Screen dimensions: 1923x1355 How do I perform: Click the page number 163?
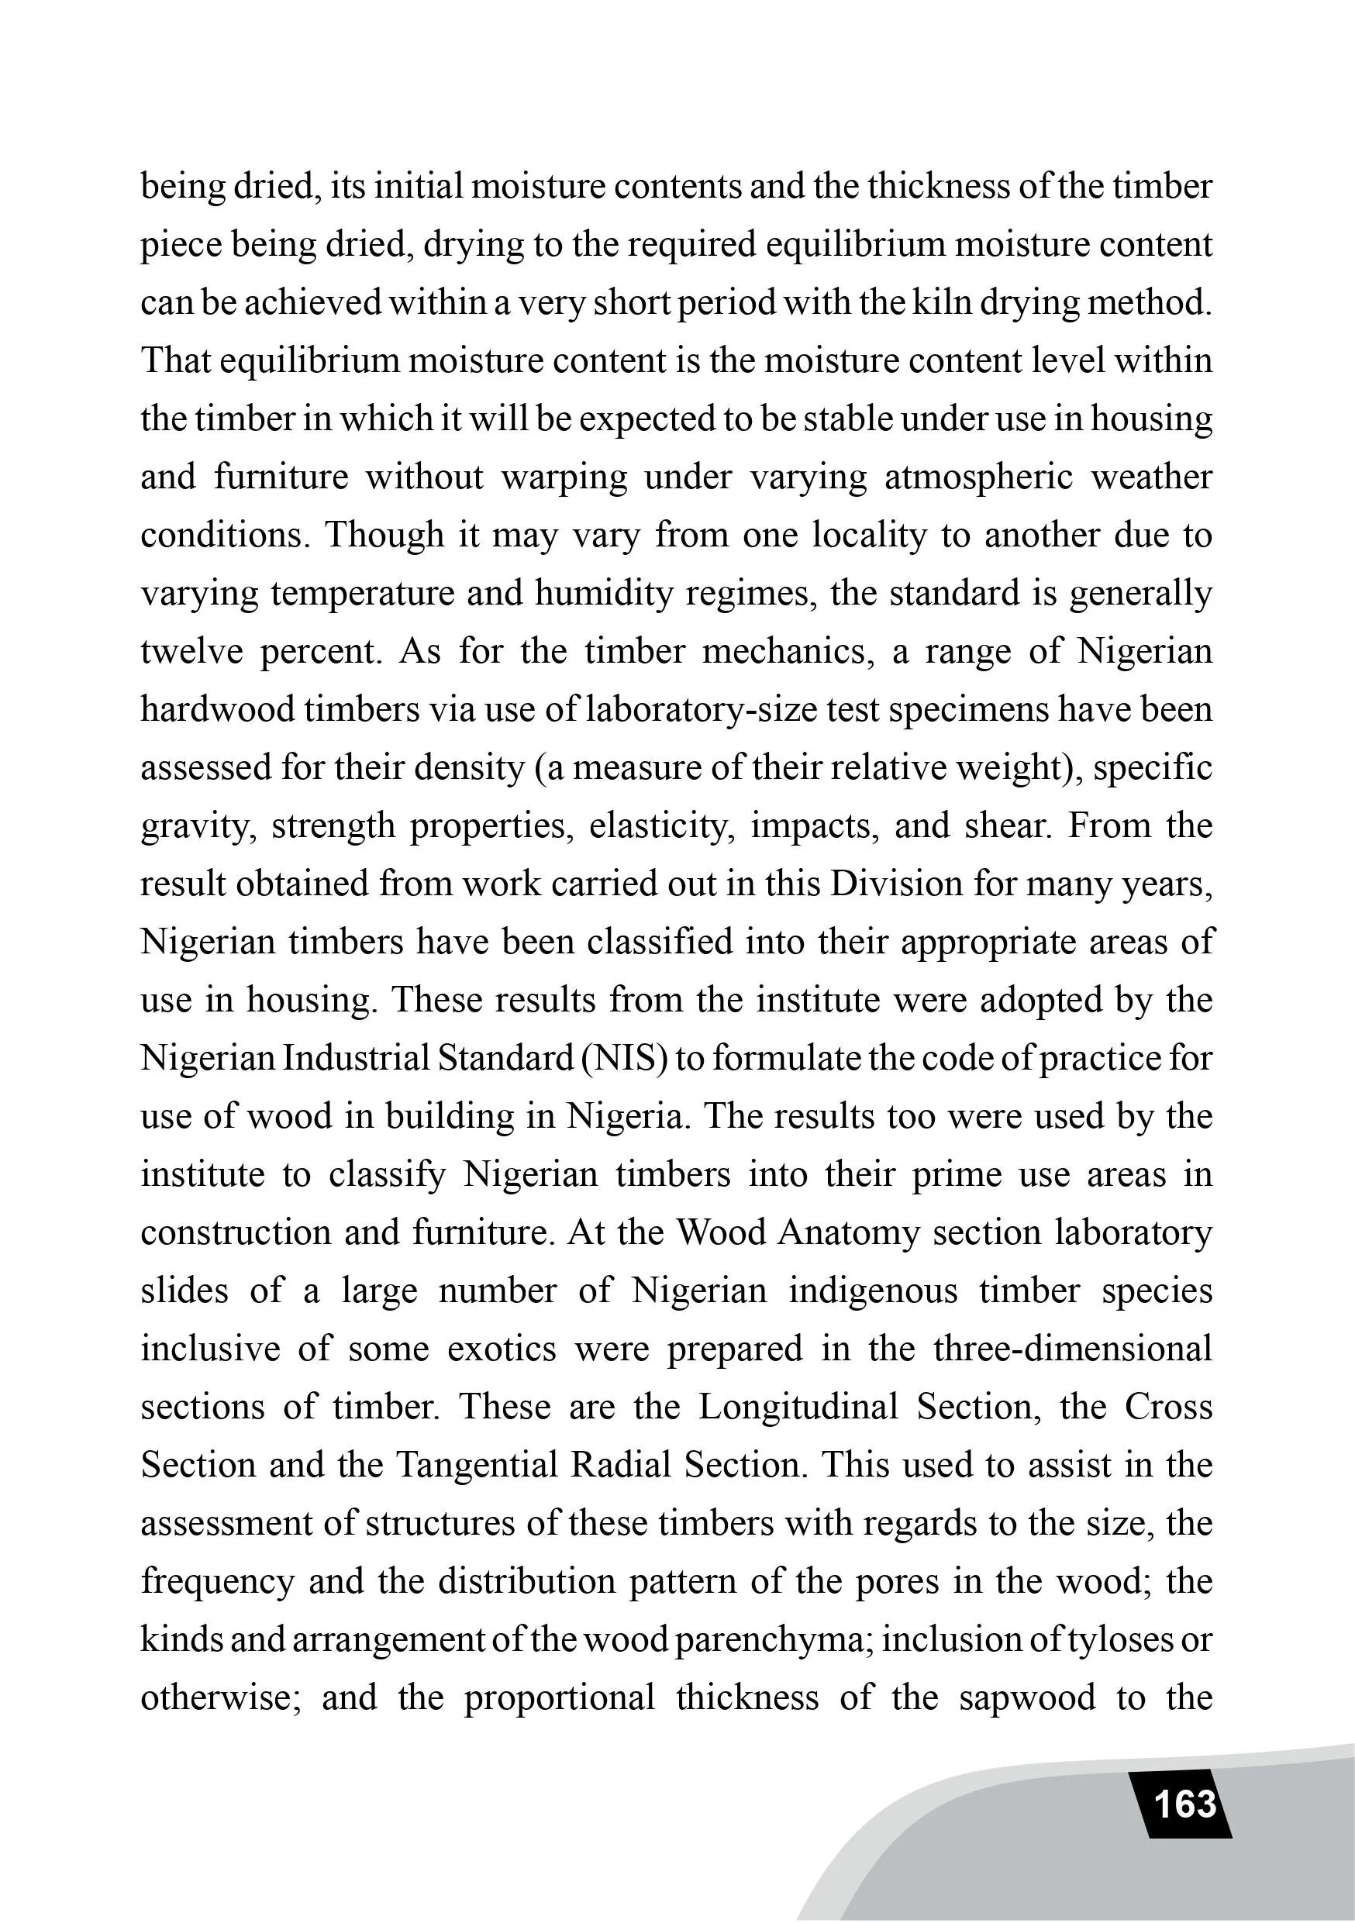point(1184,1803)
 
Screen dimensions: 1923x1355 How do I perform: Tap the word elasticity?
point(661,825)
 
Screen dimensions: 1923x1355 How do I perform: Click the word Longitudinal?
point(798,1406)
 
